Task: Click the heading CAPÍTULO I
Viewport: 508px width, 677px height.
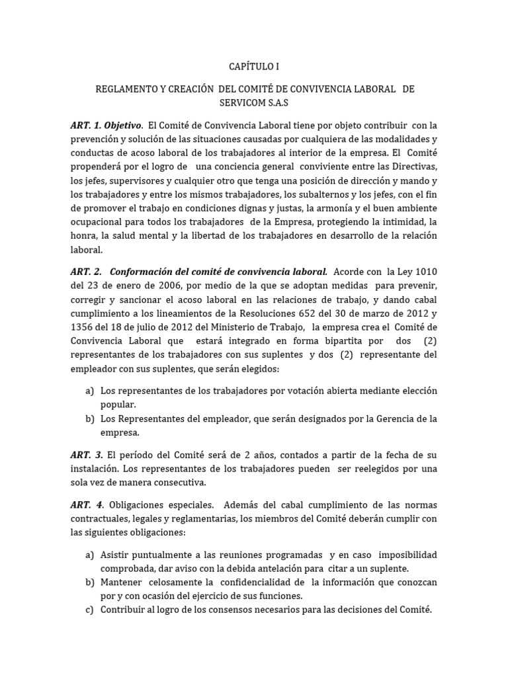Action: [x=254, y=66]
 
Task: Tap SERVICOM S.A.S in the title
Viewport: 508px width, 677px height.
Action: [x=254, y=104]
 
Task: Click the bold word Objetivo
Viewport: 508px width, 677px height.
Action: [x=122, y=125]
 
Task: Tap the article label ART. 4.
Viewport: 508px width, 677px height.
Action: [x=86, y=505]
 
